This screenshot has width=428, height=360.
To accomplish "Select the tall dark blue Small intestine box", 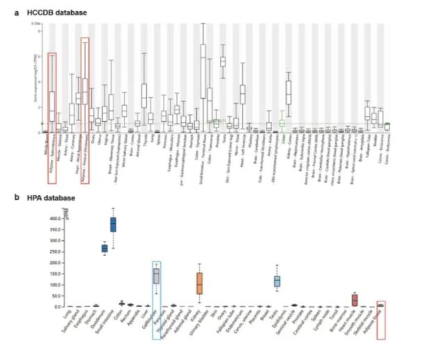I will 113,224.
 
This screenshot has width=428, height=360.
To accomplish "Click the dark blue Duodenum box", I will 104,249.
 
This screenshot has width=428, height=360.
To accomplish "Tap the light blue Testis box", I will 277,281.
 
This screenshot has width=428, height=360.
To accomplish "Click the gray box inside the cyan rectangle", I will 157,276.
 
